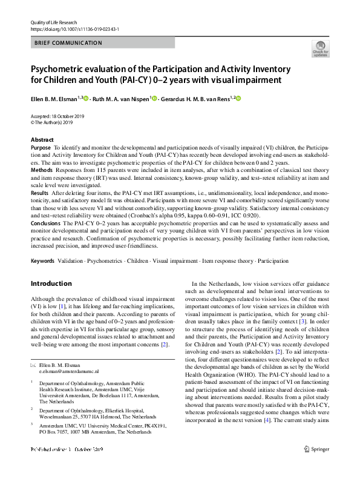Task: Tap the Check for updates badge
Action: point(320,49)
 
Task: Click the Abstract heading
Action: point(42,140)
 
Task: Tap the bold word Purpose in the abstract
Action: point(41,148)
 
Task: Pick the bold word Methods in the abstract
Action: point(41,171)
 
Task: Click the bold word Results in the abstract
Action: point(40,191)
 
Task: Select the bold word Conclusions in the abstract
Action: point(45,223)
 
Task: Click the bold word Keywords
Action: point(42,261)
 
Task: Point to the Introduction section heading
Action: point(51,283)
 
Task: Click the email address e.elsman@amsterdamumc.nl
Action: point(64,370)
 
